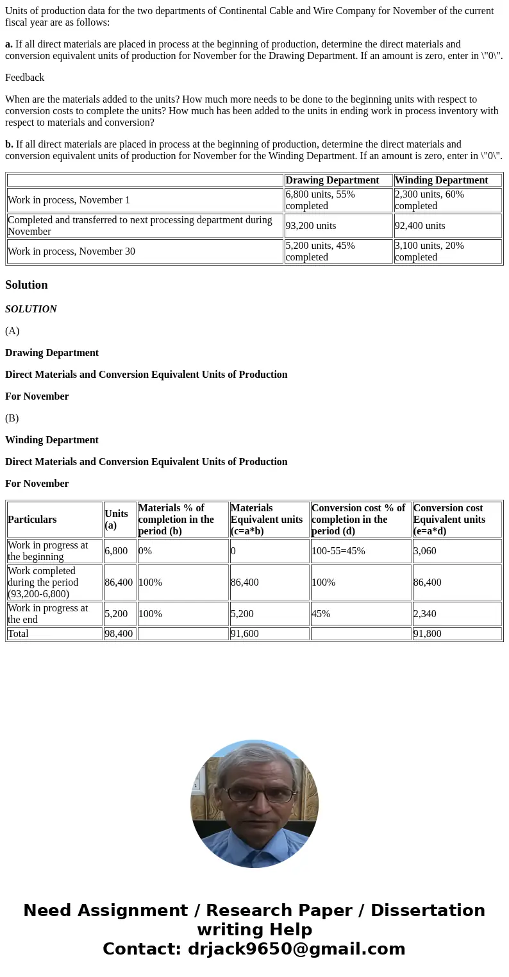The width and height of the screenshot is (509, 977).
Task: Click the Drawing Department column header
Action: [x=332, y=180]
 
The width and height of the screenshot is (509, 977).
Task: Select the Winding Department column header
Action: [x=441, y=180]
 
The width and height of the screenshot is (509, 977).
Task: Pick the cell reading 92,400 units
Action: [x=420, y=226]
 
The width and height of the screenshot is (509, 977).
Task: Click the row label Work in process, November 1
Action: [x=69, y=200]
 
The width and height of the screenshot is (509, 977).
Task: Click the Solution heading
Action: [x=26, y=285]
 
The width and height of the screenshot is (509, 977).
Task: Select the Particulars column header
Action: [x=32, y=520]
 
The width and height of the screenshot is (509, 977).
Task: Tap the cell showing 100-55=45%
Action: [x=338, y=551]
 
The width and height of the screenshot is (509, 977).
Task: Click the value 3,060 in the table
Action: [x=425, y=551]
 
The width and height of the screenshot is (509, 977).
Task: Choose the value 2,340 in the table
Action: [x=425, y=614]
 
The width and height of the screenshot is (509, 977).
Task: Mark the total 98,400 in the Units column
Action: [x=119, y=634]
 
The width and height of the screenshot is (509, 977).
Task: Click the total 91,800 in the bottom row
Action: [x=428, y=634]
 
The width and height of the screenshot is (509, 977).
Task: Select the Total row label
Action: [x=18, y=634]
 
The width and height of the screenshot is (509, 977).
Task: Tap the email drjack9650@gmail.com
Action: [x=296, y=949]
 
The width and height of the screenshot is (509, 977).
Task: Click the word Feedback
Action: [x=24, y=78]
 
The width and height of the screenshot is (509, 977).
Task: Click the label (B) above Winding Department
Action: [x=12, y=418]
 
